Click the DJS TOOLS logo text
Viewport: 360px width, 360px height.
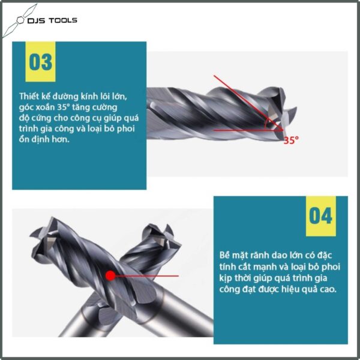point(52,20)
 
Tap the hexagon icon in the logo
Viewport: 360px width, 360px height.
point(20,20)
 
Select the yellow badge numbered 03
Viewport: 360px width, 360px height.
point(40,62)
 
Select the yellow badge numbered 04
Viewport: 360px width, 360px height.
point(321,216)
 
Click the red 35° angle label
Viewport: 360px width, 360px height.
point(291,140)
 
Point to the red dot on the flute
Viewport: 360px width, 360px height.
point(110,275)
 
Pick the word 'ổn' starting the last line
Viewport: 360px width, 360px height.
point(23,139)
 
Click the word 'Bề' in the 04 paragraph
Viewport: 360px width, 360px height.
point(224,255)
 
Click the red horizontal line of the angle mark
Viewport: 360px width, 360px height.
point(248,130)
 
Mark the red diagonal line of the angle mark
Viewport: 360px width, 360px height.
point(248,103)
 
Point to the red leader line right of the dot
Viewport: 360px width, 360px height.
point(147,276)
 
